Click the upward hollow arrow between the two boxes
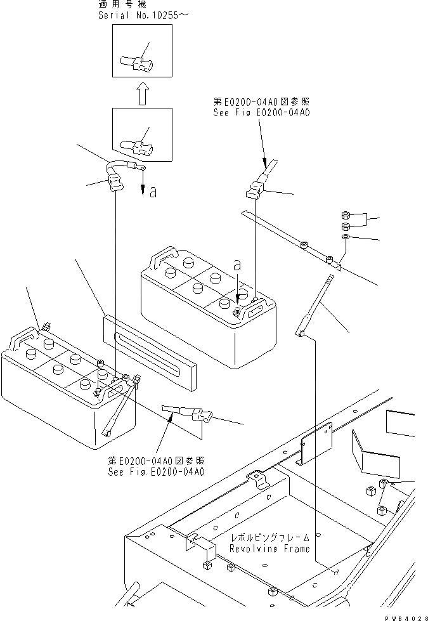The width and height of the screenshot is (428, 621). (141, 95)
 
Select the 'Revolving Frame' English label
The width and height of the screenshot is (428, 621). (270, 549)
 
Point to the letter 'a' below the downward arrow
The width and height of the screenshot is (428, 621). (153, 192)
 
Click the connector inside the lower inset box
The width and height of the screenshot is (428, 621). (141, 148)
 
